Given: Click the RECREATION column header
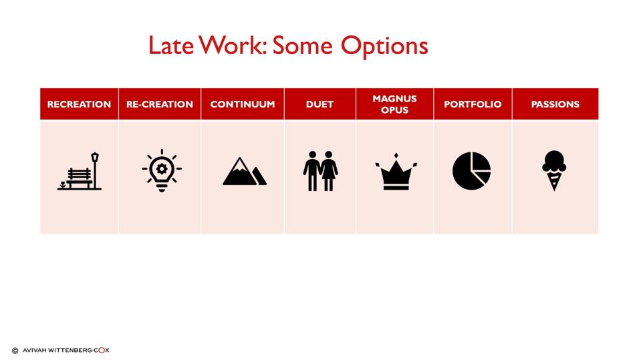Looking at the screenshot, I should (79, 104).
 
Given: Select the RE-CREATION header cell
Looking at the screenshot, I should (159, 104).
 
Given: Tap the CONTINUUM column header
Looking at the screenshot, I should (242, 104).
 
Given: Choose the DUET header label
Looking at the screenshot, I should (319, 104).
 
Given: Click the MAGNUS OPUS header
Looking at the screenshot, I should (394, 104).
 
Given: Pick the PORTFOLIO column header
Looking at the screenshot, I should (473, 104).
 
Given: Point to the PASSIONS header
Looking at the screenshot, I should (555, 104).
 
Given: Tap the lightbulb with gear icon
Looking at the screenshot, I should (161, 171).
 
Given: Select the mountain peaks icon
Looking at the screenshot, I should (244, 172).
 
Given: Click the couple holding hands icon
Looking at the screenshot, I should (320, 171).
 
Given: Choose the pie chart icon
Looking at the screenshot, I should (471, 171).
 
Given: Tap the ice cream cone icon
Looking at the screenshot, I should (554, 170).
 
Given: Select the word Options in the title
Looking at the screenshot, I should (384, 45).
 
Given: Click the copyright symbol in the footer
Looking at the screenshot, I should (15, 350).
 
